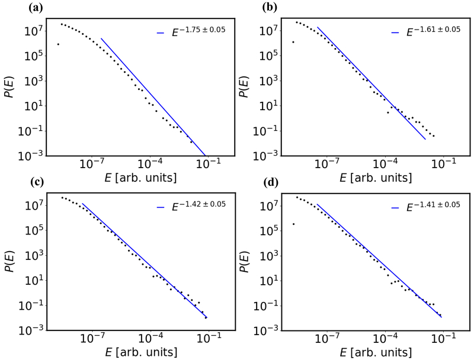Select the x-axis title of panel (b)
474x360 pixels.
coord(373,177)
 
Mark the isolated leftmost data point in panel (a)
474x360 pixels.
coord(58,44)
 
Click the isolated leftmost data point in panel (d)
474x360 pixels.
coord(293,224)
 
